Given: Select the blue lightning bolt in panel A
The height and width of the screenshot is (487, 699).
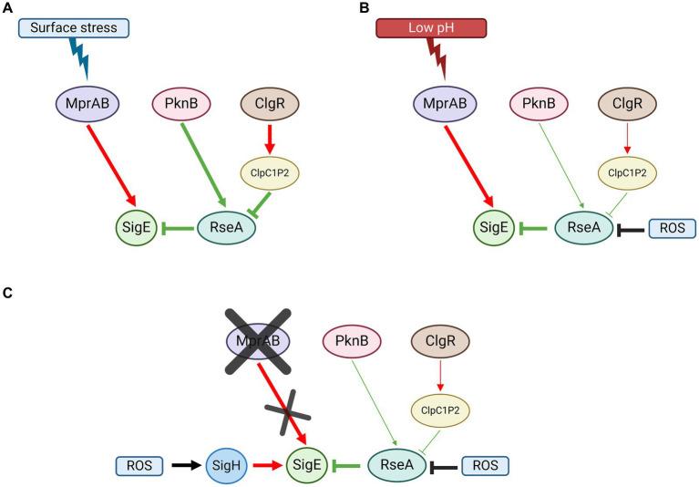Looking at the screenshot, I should pos(78,60).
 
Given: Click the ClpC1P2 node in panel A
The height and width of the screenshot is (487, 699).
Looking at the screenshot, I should pos(268,170).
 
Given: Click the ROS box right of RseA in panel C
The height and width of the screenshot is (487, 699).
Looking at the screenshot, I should pos(484,465).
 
